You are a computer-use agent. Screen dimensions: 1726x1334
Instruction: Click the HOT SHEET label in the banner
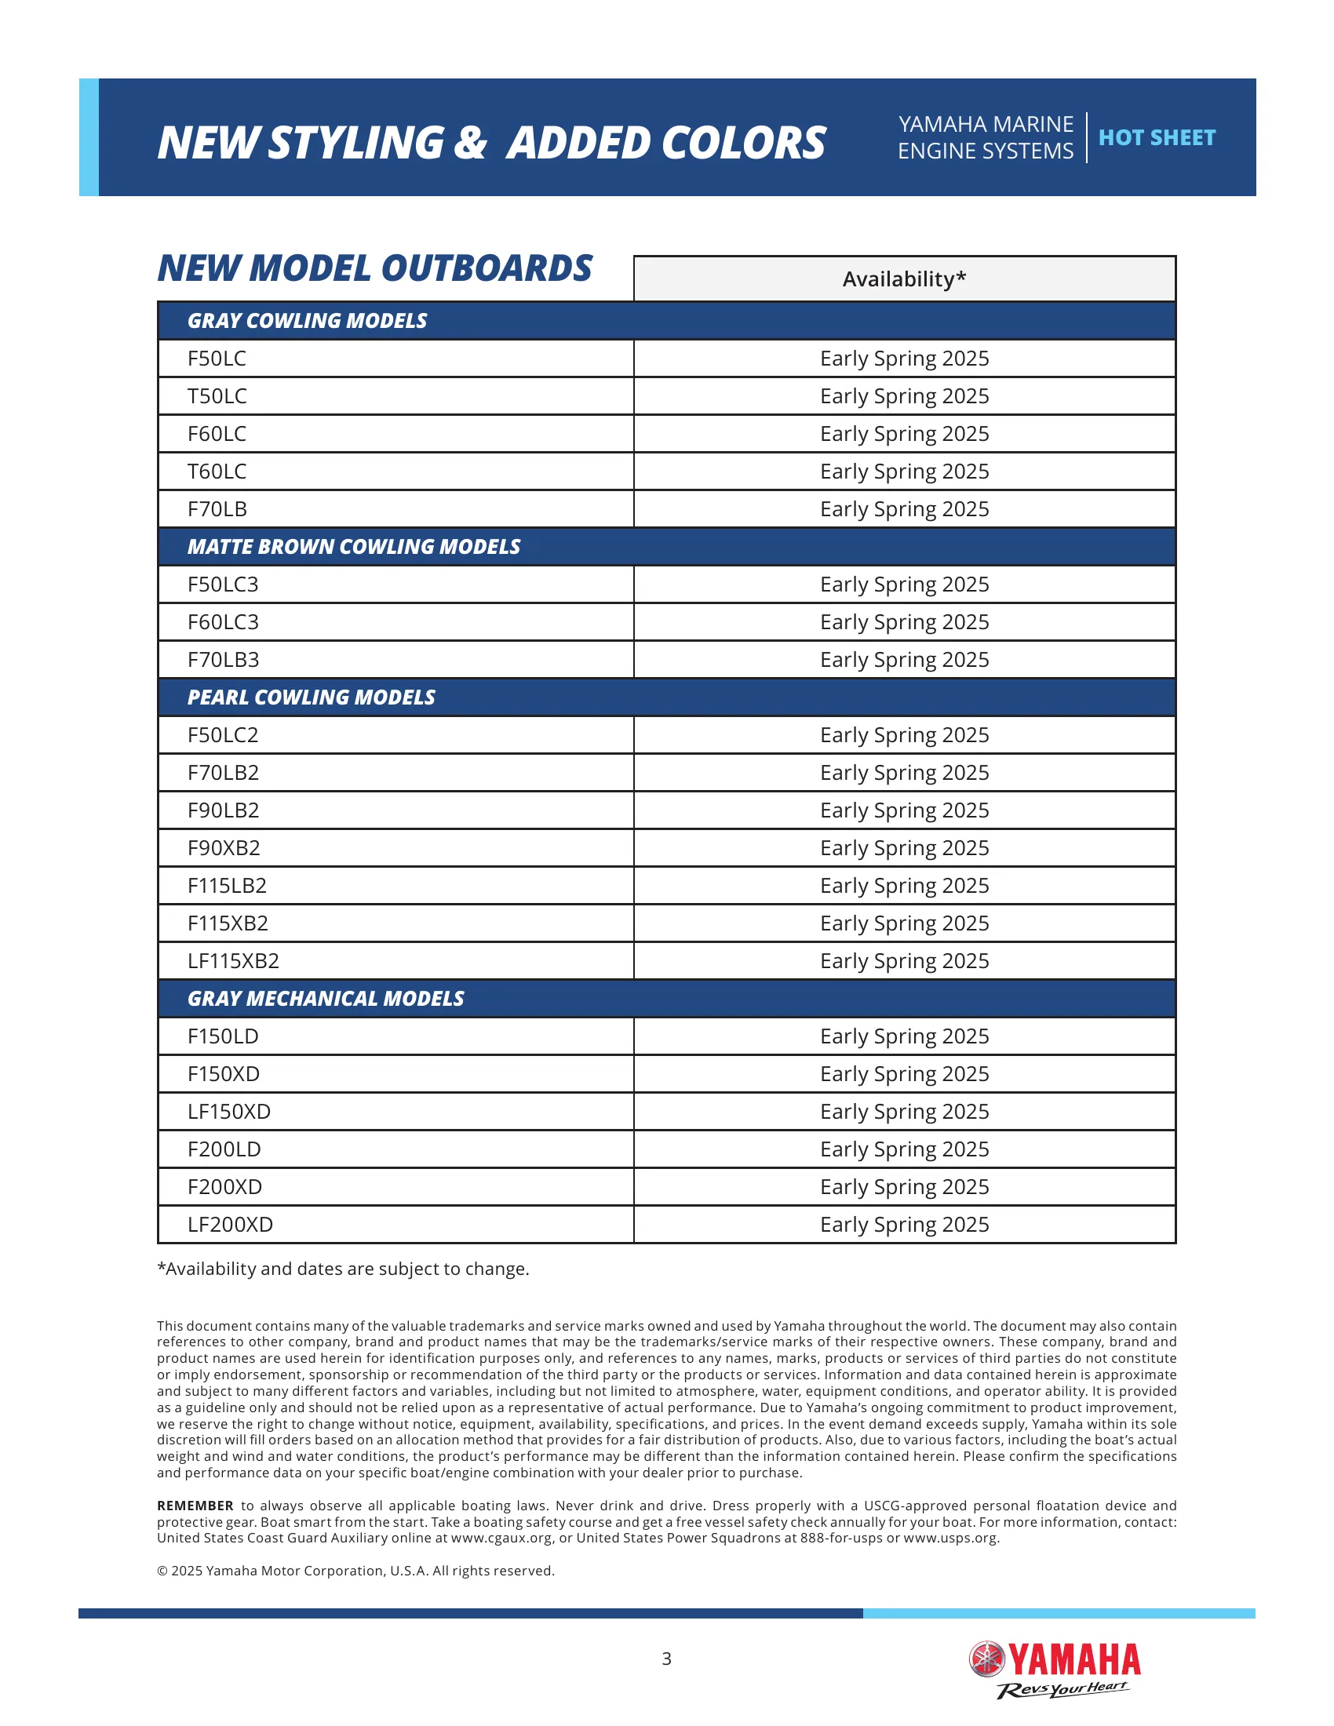1156,137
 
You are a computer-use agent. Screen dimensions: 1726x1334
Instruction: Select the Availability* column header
904,279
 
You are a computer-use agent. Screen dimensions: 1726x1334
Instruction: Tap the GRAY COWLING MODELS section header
307,321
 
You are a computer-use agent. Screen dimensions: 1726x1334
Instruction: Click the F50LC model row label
217,359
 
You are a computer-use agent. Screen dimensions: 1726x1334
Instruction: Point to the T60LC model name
217,472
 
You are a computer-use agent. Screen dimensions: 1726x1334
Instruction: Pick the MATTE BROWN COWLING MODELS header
353,547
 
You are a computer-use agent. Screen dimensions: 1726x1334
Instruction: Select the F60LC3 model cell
223,623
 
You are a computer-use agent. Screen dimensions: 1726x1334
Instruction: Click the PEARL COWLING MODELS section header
311,697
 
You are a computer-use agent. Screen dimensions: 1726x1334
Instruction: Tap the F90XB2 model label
224,848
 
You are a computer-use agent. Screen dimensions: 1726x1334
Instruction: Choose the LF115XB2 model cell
233,961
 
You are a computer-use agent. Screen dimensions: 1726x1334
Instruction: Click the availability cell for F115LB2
904,886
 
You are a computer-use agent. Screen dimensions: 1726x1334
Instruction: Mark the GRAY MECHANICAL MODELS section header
326,999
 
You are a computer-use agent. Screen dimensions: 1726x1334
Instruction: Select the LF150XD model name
229,1112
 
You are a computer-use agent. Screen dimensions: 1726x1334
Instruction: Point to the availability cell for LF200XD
904,1225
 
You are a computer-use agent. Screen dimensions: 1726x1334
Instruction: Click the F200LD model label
224,1150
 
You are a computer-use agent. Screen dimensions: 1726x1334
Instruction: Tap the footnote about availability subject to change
343,1269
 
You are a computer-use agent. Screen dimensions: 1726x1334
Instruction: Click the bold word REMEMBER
195,1506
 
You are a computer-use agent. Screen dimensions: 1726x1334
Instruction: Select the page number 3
666,1659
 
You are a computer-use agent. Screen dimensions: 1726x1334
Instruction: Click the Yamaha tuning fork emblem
986,1659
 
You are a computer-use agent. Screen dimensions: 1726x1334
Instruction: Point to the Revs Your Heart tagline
1063,1690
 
